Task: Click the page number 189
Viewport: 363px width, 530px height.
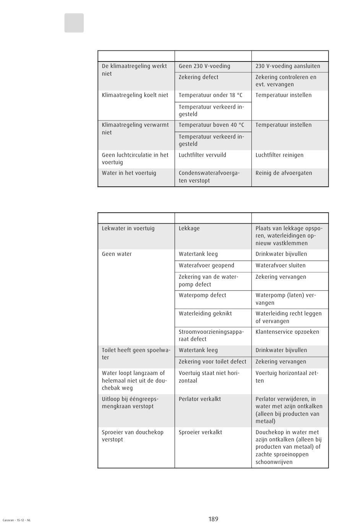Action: click(213, 519)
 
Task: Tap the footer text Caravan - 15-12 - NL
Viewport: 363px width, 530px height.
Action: click(16, 520)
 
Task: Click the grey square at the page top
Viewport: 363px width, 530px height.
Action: click(74, 23)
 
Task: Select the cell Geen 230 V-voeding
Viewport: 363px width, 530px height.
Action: click(204, 66)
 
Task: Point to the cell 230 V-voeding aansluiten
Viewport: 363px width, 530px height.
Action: click(288, 66)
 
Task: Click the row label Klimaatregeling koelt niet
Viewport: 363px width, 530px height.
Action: click(135, 95)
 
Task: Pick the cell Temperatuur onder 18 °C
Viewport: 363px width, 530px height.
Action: click(210, 95)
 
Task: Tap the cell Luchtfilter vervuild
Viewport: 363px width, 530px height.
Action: click(202, 155)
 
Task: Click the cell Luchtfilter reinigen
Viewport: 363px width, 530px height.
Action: click(279, 155)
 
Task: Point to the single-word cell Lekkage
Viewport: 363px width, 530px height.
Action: click(189, 228)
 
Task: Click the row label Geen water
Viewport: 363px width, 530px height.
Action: click(117, 254)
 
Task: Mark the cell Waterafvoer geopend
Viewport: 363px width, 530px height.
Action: click(206, 265)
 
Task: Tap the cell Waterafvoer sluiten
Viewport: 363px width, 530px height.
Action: click(280, 265)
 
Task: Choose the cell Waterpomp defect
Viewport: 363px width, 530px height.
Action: click(202, 295)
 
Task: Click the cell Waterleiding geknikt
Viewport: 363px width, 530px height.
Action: click(205, 313)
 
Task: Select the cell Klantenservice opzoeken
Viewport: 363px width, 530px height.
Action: click(287, 332)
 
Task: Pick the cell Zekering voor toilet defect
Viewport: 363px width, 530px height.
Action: click(212, 362)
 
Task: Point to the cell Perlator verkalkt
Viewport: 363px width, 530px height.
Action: click(199, 399)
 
